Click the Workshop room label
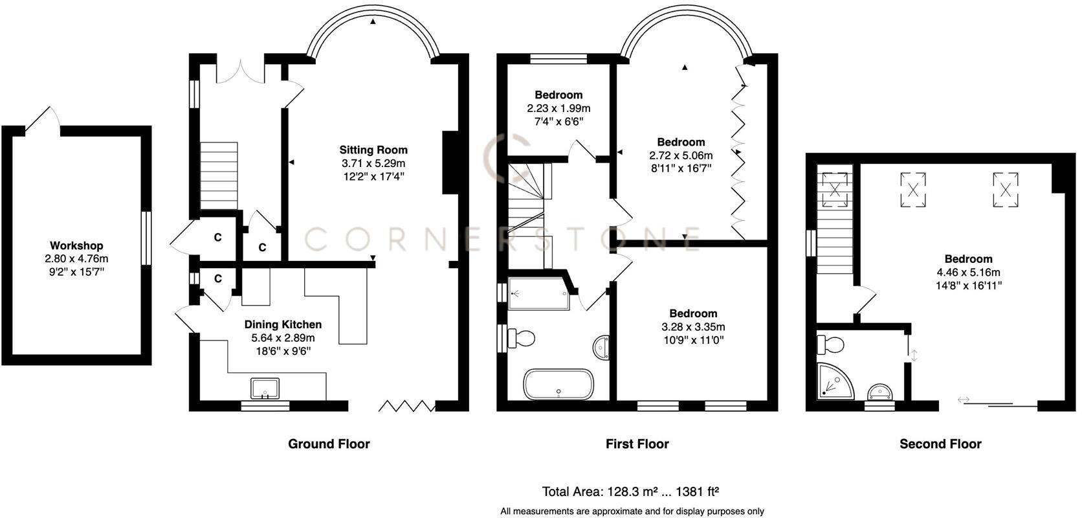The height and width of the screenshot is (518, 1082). click(76, 246)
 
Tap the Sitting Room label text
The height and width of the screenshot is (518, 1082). click(374, 150)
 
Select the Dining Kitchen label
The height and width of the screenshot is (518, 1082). click(283, 324)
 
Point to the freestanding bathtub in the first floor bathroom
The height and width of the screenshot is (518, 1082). click(558, 385)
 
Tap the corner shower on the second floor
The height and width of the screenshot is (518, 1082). click(834, 381)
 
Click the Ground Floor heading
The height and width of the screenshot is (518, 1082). click(329, 444)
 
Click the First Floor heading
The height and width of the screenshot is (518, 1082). click(637, 444)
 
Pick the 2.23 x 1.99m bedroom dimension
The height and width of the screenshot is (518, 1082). click(558, 108)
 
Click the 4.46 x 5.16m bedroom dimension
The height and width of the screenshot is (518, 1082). click(968, 273)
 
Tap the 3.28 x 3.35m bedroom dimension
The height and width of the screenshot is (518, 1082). click(693, 327)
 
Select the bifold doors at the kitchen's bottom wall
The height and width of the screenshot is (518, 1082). click(406, 406)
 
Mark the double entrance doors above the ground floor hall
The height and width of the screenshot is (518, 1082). click(240, 71)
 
